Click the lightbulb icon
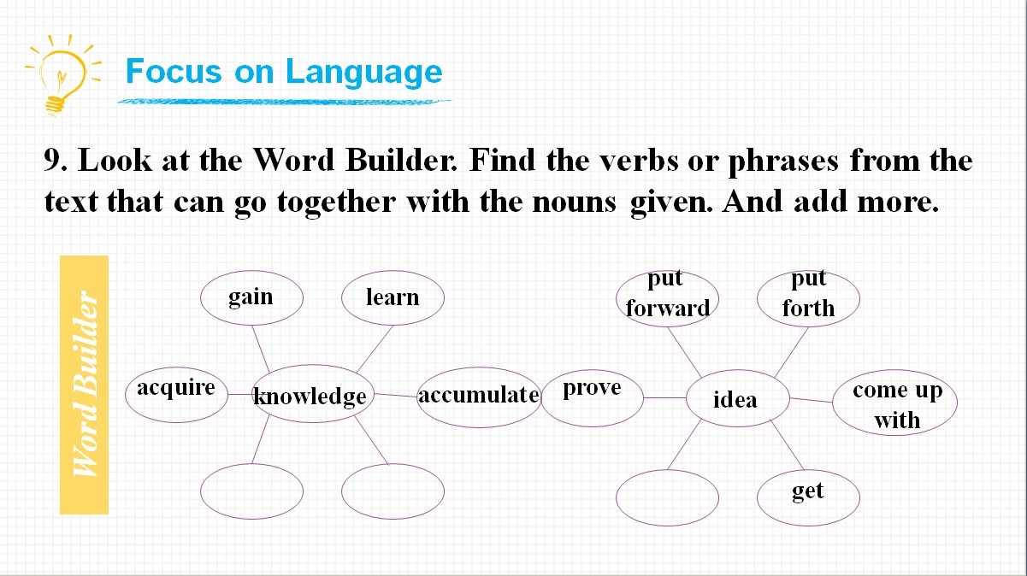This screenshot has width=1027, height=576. point(62,74)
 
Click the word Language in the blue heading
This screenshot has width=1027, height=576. point(364,73)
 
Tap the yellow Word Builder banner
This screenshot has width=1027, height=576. point(84,385)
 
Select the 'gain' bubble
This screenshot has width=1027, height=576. point(251,298)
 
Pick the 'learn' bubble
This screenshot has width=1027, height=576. point(393,298)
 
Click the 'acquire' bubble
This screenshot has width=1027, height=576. point(176,395)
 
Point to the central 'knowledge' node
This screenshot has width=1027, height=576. point(313,394)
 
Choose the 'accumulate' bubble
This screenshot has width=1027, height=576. point(479,397)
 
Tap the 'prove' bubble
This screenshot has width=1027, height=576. point(593,398)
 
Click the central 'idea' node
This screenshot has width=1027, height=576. point(738,398)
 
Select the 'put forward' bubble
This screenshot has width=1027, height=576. point(668,299)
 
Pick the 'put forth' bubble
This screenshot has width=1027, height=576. point(808,299)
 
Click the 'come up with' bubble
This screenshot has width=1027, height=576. point(895,403)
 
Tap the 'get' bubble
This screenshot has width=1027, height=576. point(808,497)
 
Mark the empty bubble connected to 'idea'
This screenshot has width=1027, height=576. point(668,497)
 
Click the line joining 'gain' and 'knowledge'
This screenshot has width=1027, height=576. point(261,349)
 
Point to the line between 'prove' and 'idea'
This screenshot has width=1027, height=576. point(664,398)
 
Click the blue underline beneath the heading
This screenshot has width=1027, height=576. point(284,101)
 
